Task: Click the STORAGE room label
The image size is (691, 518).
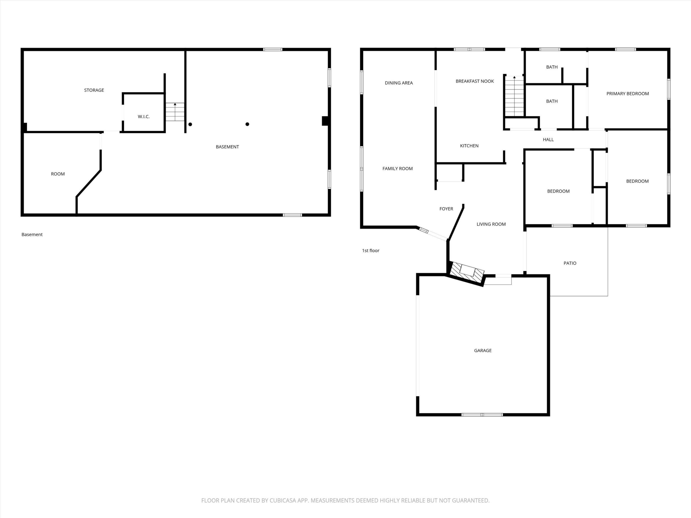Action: coord(94,90)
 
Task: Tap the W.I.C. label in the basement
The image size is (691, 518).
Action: coord(144,117)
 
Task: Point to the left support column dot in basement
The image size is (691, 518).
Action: coord(190,124)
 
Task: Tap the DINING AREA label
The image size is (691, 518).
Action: coord(399,83)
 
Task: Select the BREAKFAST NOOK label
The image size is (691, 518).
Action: coord(475,81)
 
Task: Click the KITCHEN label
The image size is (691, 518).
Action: coord(469,146)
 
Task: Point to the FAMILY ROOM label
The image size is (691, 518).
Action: coord(398,169)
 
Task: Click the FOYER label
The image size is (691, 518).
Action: coord(446,209)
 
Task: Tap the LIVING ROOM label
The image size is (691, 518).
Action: coord(491,224)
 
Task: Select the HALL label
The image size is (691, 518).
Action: coord(548,140)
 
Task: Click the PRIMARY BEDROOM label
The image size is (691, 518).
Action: coord(628,94)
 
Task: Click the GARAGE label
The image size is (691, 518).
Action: coord(483,351)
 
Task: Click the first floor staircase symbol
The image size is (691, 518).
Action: coord(514,96)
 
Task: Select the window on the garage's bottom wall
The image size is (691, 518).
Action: coord(482,415)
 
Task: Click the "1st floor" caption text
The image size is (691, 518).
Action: coord(371,251)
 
